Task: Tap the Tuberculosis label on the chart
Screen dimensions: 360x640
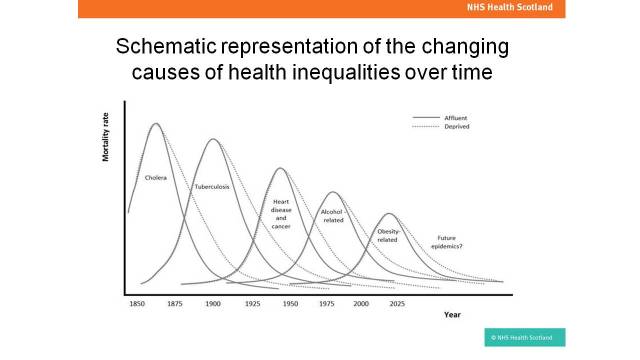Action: pos(212,187)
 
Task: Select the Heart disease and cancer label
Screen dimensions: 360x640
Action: pos(281,214)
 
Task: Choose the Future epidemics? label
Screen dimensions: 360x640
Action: pos(446,241)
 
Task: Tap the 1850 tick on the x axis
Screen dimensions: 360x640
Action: pos(137,302)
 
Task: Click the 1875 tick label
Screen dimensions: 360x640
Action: pos(174,302)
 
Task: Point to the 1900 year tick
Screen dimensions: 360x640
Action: pos(212,302)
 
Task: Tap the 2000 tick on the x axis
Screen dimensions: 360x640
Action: pos(360,302)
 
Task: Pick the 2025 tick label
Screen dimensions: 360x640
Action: pos(396,302)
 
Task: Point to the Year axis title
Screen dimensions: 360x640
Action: pos(453,315)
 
